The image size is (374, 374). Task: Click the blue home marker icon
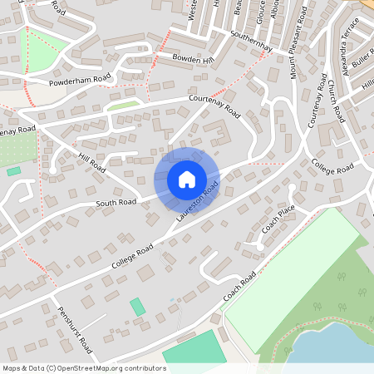pyautogui.click(x=186, y=180)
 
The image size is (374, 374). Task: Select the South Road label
pyautogui.click(x=116, y=202)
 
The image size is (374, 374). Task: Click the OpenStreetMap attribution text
pyautogui.click(x=83, y=368)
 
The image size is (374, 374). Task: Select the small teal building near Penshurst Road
pyautogui.click(x=137, y=307)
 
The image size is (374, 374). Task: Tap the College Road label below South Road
pyautogui.click(x=133, y=256)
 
